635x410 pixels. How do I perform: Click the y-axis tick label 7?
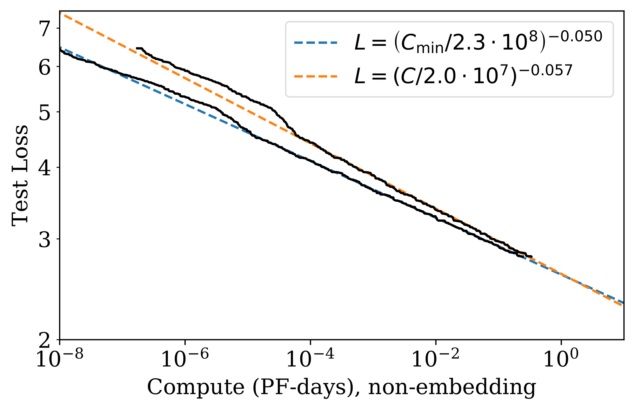[x=44, y=29]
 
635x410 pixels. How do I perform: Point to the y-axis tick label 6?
[x=44, y=67]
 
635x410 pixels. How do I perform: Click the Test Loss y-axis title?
[x=20, y=176]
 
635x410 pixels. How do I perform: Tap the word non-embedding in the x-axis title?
[x=452, y=387]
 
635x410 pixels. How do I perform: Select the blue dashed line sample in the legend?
[x=316, y=43]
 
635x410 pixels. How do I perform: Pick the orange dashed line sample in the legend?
[x=316, y=77]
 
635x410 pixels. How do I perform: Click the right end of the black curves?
[x=531, y=257]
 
